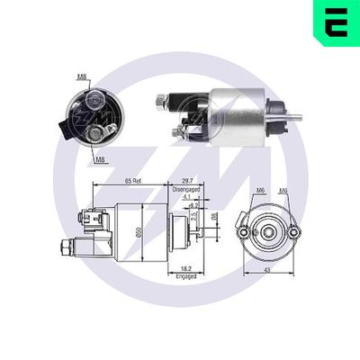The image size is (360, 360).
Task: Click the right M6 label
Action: tap(283, 192)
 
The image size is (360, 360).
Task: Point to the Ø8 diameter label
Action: tap(214, 216)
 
